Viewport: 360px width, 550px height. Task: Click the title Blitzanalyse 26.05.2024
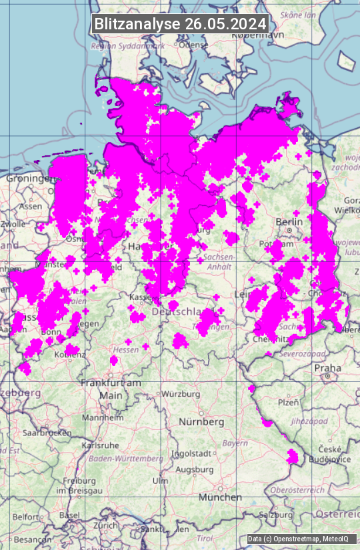click(x=180, y=23)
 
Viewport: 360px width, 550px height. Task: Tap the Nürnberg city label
click(x=201, y=422)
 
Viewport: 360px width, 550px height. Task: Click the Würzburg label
click(x=180, y=394)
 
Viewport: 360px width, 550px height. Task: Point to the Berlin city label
click(x=289, y=221)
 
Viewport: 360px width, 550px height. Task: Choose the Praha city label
click(x=328, y=368)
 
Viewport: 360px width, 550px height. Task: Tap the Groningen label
click(x=29, y=179)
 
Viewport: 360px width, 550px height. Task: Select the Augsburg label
click(x=193, y=469)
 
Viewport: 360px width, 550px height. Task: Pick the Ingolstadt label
click(x=191, y=453)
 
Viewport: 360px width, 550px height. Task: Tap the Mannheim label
click(x=102, y=418)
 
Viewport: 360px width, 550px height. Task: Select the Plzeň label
click(x=288, y=403)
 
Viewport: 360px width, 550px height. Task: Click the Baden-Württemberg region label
click(x=126, y=459)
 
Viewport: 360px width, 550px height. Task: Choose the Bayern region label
click(x=235, y=443)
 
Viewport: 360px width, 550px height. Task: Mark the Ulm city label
click(x=161, y=481)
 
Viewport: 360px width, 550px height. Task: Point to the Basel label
click(x=69, y=515)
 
